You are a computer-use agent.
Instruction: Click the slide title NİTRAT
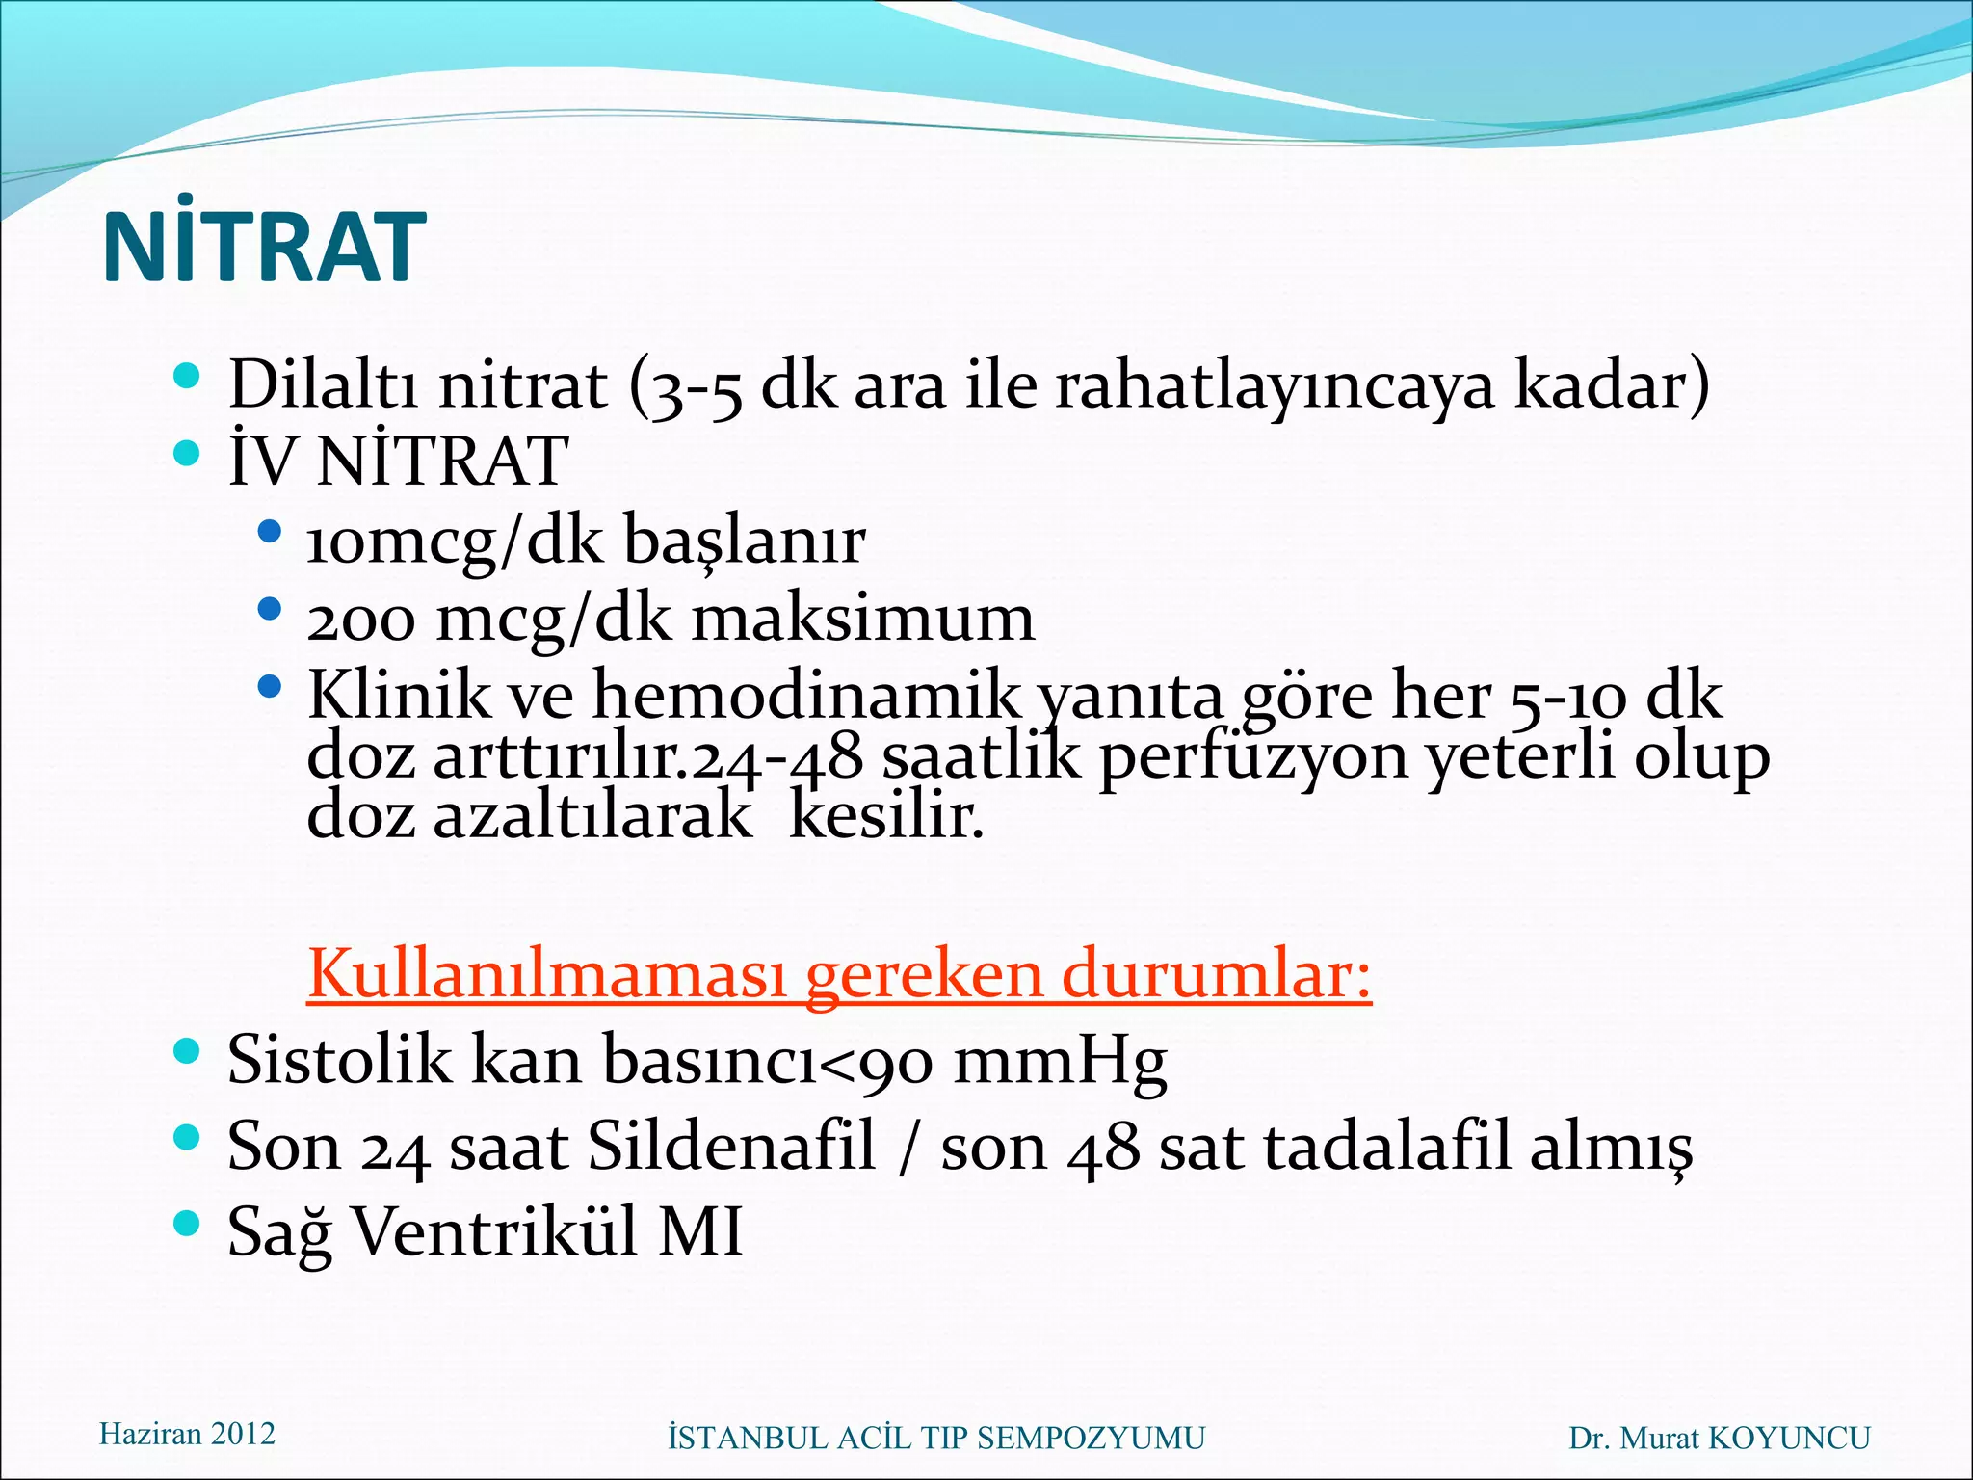point(263,248)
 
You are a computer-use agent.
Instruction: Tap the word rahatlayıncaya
point(1275,384)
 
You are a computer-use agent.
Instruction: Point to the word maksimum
point(864,618)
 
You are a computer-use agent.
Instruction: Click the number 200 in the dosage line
point(361,620)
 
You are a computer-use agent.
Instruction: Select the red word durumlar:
point(1216,974)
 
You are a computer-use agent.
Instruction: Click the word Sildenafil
point(731,1147)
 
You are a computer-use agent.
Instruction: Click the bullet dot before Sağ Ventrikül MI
point(187,1224)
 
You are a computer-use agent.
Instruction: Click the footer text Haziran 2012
point(187,1434)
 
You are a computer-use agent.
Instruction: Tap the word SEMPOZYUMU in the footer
point(1091,1439)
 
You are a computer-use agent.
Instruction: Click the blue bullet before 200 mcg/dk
point(271,609)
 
